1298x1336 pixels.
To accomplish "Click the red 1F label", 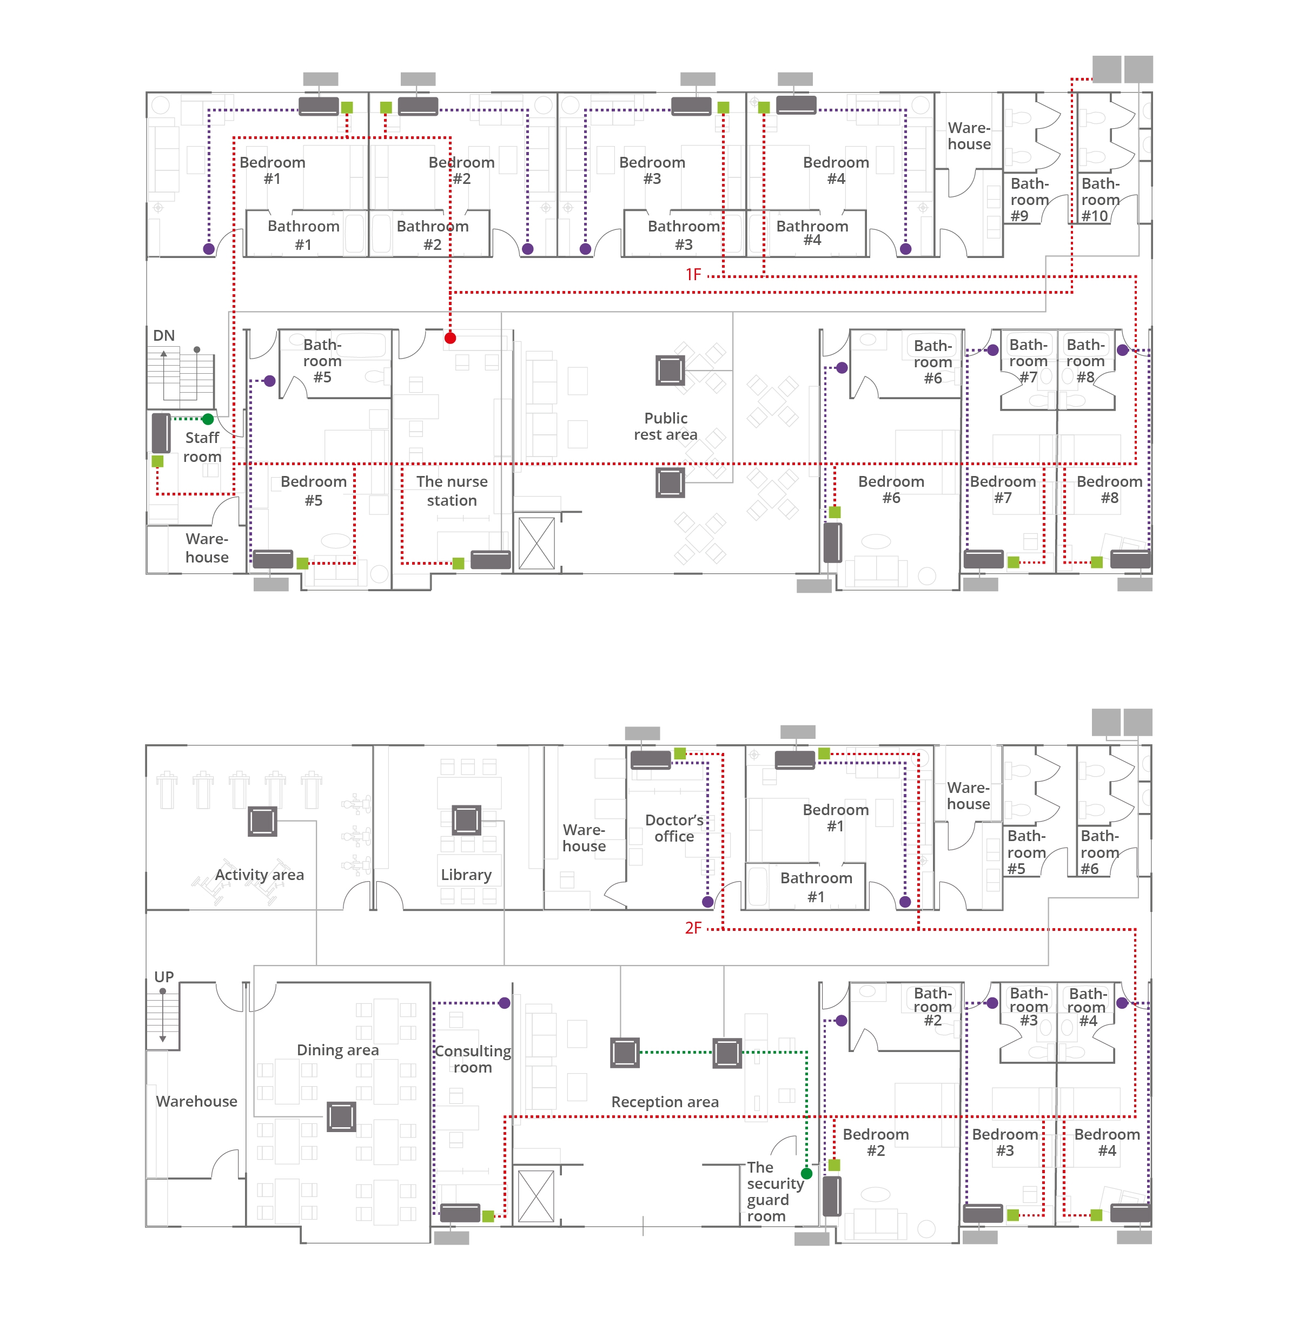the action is tap(693, 275).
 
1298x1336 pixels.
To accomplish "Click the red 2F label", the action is tap(693, 928).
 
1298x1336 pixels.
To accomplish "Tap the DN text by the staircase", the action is tap(164, 335).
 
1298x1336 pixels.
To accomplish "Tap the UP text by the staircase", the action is tap(164, 977).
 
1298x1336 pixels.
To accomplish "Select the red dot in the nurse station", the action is tap(450, 338).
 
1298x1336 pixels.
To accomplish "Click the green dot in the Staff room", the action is tap(208, 419).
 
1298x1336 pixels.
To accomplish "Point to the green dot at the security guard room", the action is tap(806, 1174).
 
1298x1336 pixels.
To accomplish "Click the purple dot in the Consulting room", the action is tap(505, 1003).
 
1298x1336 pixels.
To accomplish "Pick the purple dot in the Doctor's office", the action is tap(707, 902).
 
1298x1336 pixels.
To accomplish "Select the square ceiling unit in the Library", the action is tap(466, 820).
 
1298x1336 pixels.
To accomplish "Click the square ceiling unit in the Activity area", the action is tap(262, 822).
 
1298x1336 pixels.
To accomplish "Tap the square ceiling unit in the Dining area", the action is tap(342, 1116).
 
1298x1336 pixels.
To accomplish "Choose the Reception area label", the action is tap(665, 1102).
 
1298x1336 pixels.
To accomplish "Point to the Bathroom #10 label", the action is tap(1100, 200).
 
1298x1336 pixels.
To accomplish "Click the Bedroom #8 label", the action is tap(1109, 490).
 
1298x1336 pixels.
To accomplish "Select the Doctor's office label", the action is tap(674, 828).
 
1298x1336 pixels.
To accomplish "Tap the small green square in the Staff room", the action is tap(157, 461).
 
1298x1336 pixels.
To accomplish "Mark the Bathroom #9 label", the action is tap(1029, 200).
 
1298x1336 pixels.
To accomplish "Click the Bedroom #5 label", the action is tap(314, 491).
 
